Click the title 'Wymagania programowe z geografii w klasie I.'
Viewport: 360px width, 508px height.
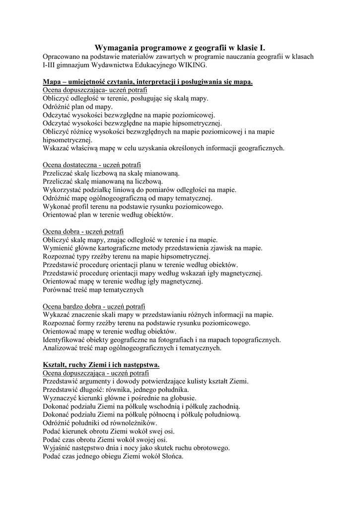[180, 48]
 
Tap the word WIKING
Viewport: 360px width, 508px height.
[190, 65]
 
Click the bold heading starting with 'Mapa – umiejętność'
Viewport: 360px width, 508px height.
[147, 81]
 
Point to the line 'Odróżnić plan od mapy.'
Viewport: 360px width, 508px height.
[77, 106]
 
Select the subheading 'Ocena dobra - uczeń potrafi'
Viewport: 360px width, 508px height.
[83, 232]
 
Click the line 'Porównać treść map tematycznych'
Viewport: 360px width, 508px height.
[93, 290]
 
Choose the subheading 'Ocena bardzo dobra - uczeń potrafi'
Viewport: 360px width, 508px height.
[94, 307]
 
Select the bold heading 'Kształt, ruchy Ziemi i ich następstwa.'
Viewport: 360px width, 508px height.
[101, 365]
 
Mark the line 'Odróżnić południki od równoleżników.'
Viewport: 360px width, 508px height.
[99, 423]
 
